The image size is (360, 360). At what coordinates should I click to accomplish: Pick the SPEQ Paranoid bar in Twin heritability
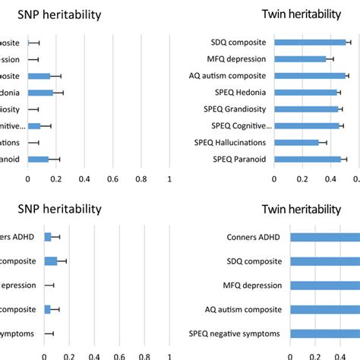pyautogui.click(x=308, y=159)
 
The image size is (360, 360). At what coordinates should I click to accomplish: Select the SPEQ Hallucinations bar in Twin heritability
pyautogui.click(x=296, y=142)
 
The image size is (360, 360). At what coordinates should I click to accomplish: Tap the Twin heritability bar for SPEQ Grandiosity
pyautogui.click(x=306, y=109)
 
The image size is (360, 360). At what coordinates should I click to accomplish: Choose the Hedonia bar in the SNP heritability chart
pyautogui.click(x=40, y=93)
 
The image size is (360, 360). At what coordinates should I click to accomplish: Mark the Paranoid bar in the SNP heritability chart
pyautogui.click(x=38, y=159)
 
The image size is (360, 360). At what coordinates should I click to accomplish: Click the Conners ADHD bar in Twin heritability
pyautogui.click(x=327, y=237)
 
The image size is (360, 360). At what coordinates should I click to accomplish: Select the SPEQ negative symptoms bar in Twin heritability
pyautogui.click(x=327, y=333)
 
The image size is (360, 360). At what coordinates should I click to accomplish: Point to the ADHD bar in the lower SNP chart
pyautogui.click(x=48, y=237)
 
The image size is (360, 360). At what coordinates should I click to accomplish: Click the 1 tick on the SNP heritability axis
pyautogui.click(x=169, y=179)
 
